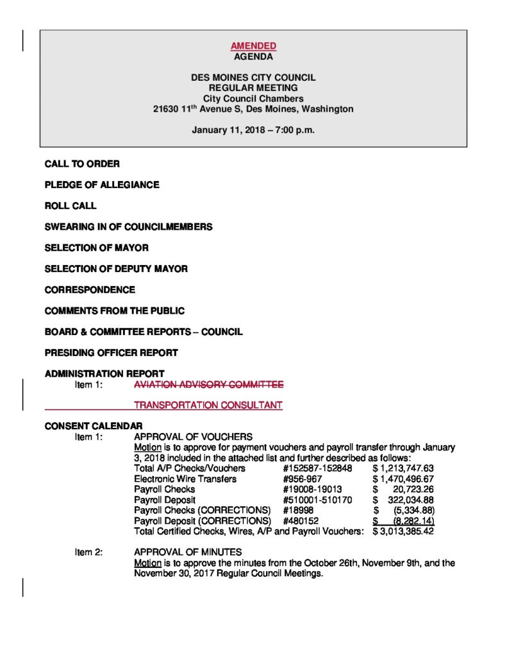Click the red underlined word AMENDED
click(253, 46)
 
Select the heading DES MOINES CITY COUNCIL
click(253, 78)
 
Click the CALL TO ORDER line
click(82, 164)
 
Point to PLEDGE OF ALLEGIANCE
click(102, 185)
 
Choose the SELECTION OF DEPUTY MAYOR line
click(116, 269)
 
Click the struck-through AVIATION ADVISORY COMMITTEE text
click(208, 385)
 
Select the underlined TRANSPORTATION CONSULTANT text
click(208, 405)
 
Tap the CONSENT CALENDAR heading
click(94, 426)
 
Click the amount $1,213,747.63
click(403, 468)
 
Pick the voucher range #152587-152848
click(317, 468)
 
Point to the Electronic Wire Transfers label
click(185, 479)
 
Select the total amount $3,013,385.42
click(403, 531)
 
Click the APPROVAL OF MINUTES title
click(188, 552)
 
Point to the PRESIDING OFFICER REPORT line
click(111, 353)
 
